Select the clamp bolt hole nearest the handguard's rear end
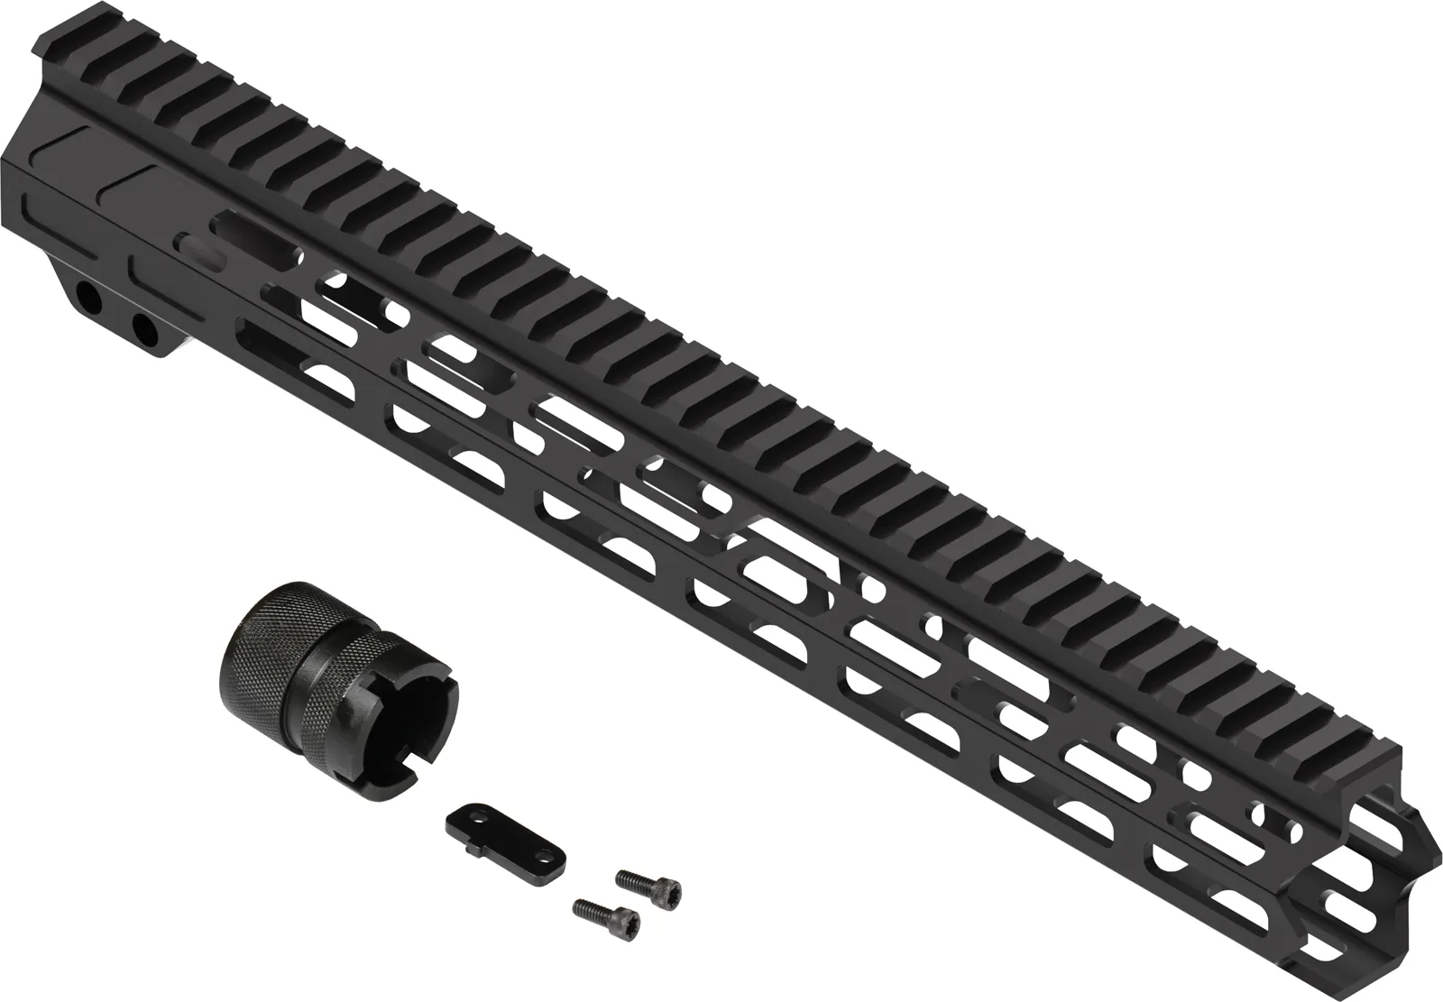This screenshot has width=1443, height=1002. [88, 298]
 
